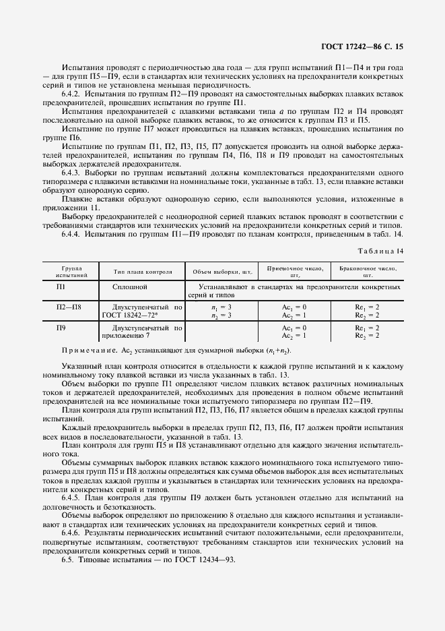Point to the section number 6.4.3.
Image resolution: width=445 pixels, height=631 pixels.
73,173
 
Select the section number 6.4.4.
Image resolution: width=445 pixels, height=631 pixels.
73,234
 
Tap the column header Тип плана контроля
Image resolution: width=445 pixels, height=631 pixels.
142,272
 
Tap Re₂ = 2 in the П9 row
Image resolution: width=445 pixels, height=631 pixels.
367,336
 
